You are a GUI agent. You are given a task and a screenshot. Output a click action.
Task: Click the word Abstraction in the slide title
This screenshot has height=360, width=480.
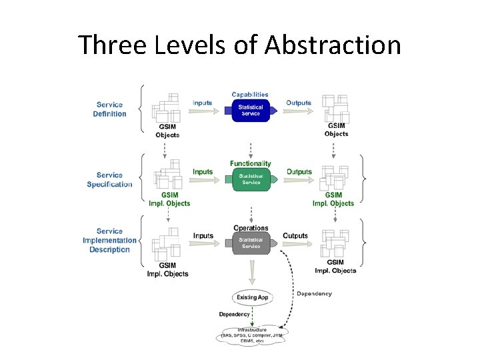click(x=333, y=45)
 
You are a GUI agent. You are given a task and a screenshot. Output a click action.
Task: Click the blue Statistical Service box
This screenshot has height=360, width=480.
click(x=251, y=110)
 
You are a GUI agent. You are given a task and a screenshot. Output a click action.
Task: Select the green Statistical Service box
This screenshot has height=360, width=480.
click(x=251, y=179)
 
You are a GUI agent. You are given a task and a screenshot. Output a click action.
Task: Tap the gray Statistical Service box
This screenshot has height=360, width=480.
click(x=251, y=243)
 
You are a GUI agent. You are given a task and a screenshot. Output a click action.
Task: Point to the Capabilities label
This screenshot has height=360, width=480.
click(x=250, y=95)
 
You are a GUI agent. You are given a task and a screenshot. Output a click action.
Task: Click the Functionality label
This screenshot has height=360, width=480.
click(x=251, y=163)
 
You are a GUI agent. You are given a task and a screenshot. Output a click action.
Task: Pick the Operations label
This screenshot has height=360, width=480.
click(x=251, y=228)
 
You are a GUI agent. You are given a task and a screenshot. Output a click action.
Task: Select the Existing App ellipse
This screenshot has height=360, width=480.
click(x=251, y=297)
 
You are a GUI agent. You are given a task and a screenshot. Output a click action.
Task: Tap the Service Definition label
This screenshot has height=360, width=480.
click(x=109, y=109)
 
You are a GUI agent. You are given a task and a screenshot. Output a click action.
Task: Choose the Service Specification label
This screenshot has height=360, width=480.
click(x=109, y=180)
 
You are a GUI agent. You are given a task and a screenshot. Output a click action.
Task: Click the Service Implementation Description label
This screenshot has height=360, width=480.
click(x=109, y=241)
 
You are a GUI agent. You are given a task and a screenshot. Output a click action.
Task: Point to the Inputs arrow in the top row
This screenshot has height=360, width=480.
click(x=203, y=111)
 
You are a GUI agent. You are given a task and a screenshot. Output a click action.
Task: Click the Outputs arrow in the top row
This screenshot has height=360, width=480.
click(x=299, y=111)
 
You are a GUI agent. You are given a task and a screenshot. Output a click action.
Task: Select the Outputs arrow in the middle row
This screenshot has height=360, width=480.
click(x=299, y=180)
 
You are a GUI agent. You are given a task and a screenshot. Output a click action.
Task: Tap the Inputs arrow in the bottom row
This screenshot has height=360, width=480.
click(x=203, y=243)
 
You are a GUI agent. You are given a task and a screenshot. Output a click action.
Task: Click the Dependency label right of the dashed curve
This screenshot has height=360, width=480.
click(x=314, y=293)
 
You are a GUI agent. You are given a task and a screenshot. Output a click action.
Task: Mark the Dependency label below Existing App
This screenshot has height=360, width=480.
click(x=234, y=314)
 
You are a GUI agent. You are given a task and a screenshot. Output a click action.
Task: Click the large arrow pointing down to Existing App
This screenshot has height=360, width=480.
click(x=251, y=271)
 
